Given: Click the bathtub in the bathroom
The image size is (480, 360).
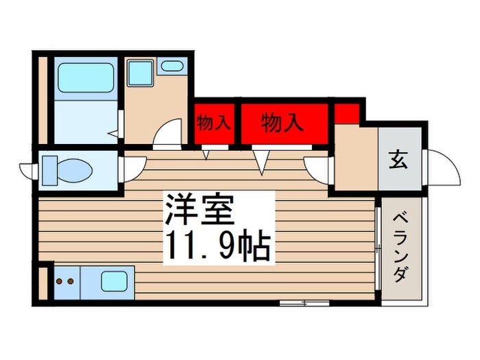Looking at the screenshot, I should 86,78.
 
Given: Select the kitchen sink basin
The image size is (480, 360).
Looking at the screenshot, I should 115,281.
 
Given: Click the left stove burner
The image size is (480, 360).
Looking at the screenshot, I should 59,280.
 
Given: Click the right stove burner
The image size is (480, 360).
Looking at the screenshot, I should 70,280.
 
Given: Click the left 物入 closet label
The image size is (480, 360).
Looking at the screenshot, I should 213,124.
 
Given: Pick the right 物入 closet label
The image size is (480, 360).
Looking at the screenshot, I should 282,124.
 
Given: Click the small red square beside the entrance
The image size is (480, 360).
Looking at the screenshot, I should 346,112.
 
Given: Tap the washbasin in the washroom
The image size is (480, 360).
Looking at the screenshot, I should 171,67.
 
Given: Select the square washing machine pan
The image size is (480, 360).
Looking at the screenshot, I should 141,72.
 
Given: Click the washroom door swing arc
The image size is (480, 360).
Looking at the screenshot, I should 168,134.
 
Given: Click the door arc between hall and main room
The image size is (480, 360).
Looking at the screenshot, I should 319,168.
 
